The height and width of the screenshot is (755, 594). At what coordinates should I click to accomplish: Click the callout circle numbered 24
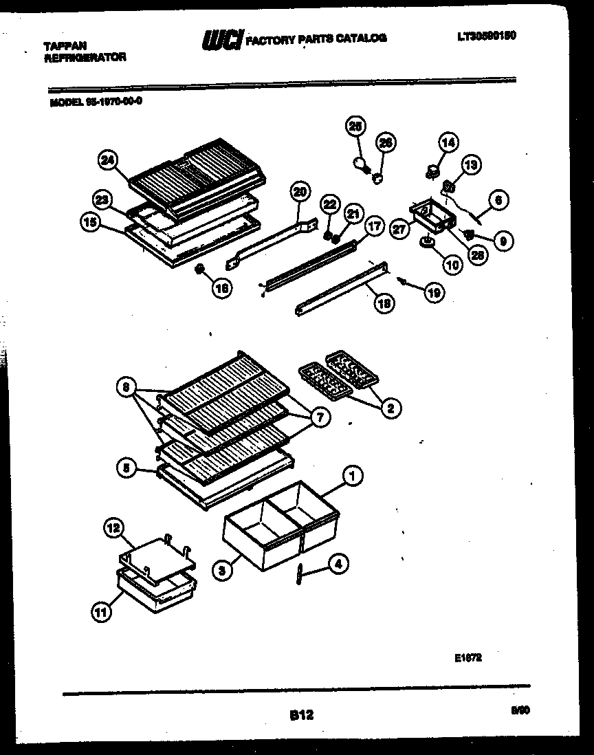coord(107,161)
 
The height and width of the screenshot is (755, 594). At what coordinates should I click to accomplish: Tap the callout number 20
coord(300,192)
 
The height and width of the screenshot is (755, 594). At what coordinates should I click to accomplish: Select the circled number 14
coord(448,143)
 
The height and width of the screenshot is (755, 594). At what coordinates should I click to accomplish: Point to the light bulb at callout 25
coord(359,162)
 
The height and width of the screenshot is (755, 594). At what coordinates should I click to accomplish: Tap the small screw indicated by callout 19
coord(402,281)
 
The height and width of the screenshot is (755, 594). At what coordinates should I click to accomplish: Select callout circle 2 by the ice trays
coord(390,408)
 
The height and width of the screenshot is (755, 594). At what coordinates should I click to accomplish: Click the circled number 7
coord(320,417)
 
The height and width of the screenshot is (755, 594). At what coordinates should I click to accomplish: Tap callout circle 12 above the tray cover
coord(113,528)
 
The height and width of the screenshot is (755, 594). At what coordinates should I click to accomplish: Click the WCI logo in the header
coord(221,41)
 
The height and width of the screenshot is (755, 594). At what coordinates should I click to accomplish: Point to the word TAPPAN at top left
coord(65,46)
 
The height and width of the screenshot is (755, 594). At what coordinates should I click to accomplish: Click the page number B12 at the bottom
coord(301,716)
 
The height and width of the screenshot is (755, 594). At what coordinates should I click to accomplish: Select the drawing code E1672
coord(467,657)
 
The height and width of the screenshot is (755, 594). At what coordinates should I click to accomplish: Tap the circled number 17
coord(373,225)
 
